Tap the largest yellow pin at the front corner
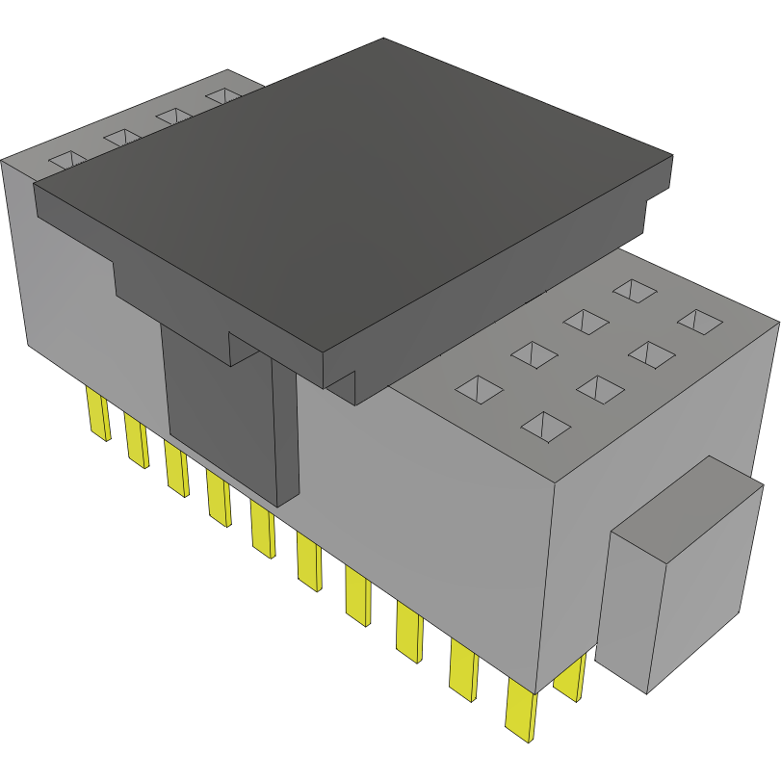[x=520, y=711]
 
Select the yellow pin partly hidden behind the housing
[x=570, y=678]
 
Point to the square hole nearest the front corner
[x=545, y=425]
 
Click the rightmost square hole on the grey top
[x=700, y=322]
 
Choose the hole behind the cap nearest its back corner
[x=224, y=96]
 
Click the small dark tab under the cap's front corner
[x=343, y=385]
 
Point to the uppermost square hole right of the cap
[x=636, y=290]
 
